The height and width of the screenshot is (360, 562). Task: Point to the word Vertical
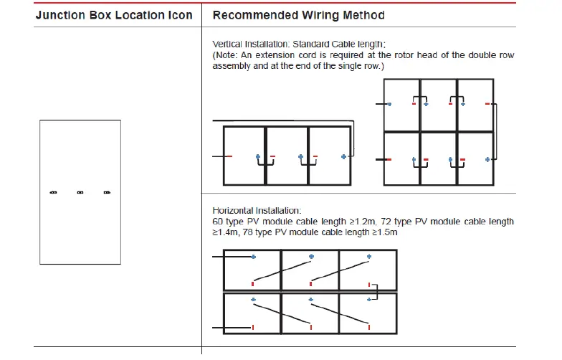tap(228, 44)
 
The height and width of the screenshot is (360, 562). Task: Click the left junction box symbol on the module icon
tap(52, 192)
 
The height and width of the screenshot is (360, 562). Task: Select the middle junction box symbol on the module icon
tap(80, 192)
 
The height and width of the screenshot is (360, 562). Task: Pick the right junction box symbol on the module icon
tap(107, 192)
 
